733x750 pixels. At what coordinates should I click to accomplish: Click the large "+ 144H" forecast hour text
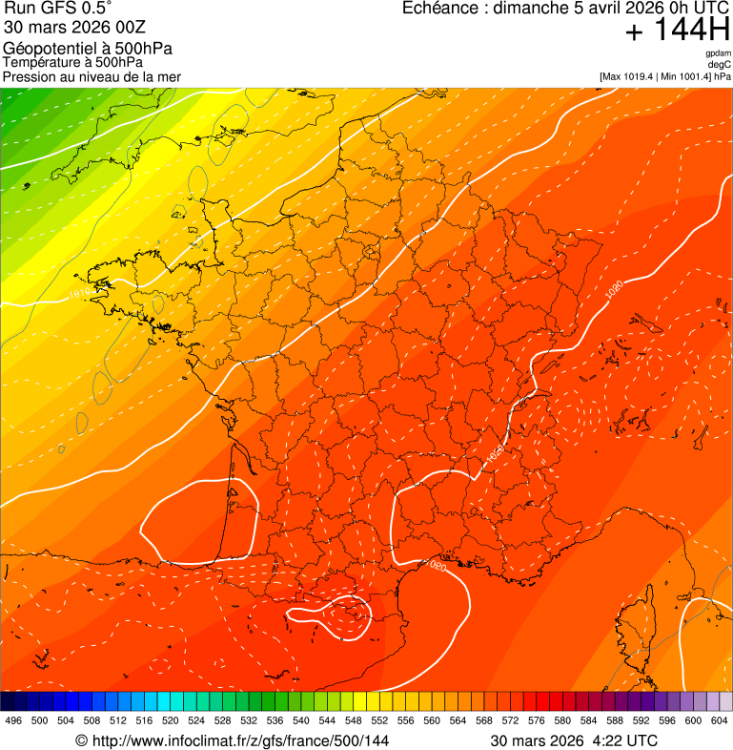(677, 31)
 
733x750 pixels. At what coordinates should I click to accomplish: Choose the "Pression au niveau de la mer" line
(92, 76)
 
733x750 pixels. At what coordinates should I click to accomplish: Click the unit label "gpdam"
(718, 53)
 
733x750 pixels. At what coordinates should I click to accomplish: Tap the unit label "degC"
(720, 64)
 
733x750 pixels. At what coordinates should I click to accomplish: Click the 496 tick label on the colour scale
(13, 720)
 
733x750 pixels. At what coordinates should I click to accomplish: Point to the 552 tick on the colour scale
(379, 720)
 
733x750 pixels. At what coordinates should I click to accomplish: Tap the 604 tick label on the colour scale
(720, 720)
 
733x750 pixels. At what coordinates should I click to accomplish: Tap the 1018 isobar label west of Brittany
(82, 294)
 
